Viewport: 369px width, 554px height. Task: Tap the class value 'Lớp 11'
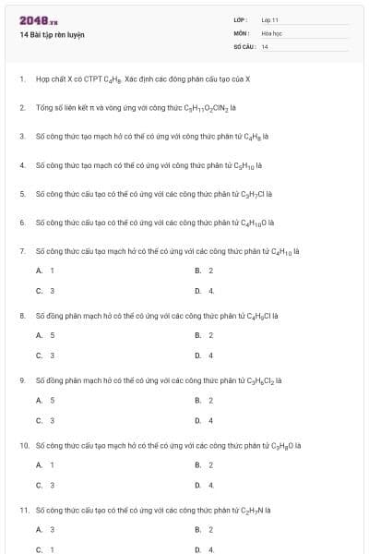pos(269,18)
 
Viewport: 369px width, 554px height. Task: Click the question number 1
pos(21,78)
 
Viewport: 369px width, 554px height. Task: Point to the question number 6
pos(21,223)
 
